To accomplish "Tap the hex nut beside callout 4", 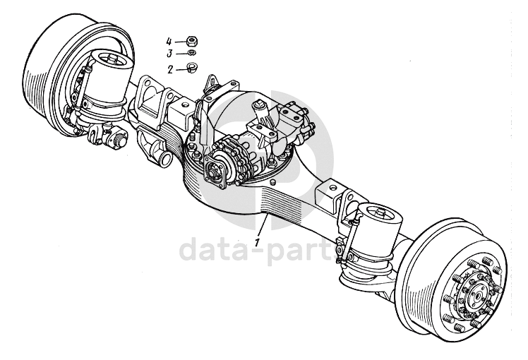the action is [x=192, y=42].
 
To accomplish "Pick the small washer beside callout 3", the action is [x=191, y=53].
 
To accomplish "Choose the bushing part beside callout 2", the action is [x=191, y=68].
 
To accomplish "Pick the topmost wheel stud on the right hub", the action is [x=469, y=263].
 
